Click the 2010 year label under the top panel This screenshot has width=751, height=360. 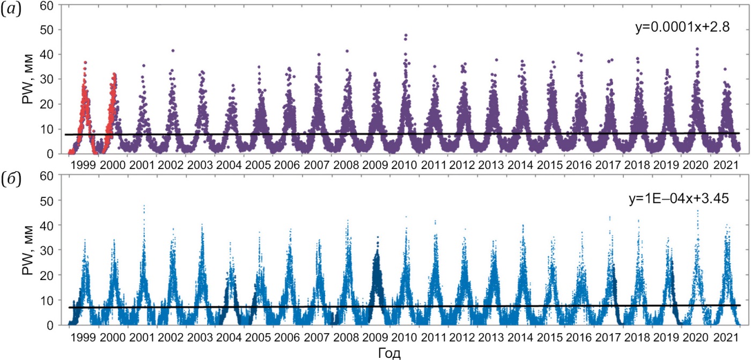(x=403, y=164)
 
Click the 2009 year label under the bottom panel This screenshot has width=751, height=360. (x=374, y=336)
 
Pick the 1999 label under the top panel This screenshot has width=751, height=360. (x=84, y=164)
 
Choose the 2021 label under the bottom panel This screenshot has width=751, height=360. (x=724, y=336)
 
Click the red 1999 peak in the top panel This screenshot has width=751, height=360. (x=85, y=63)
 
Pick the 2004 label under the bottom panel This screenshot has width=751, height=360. (x=229, y=336)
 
